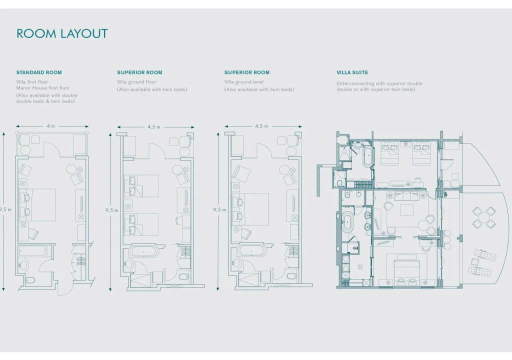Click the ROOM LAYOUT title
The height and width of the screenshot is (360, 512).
point(62,33)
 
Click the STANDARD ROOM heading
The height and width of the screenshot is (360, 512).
point(39,72)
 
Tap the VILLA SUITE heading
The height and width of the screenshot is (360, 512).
point(352,72)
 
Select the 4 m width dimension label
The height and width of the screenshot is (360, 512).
point(50,126)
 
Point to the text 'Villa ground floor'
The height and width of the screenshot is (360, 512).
point(136,82)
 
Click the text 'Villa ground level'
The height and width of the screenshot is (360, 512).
point(244,82)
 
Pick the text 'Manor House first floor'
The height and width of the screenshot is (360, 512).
point(43,88)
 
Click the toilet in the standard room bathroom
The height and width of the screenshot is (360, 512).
point(30,280)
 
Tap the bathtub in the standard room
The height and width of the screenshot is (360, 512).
point(32,251)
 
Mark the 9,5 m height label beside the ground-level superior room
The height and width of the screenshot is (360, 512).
point(219,209)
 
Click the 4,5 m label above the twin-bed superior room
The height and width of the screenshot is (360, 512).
point(154,127)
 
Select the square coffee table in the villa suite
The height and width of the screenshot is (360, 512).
point(407,209)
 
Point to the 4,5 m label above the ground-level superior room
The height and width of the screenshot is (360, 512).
point(261,126)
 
